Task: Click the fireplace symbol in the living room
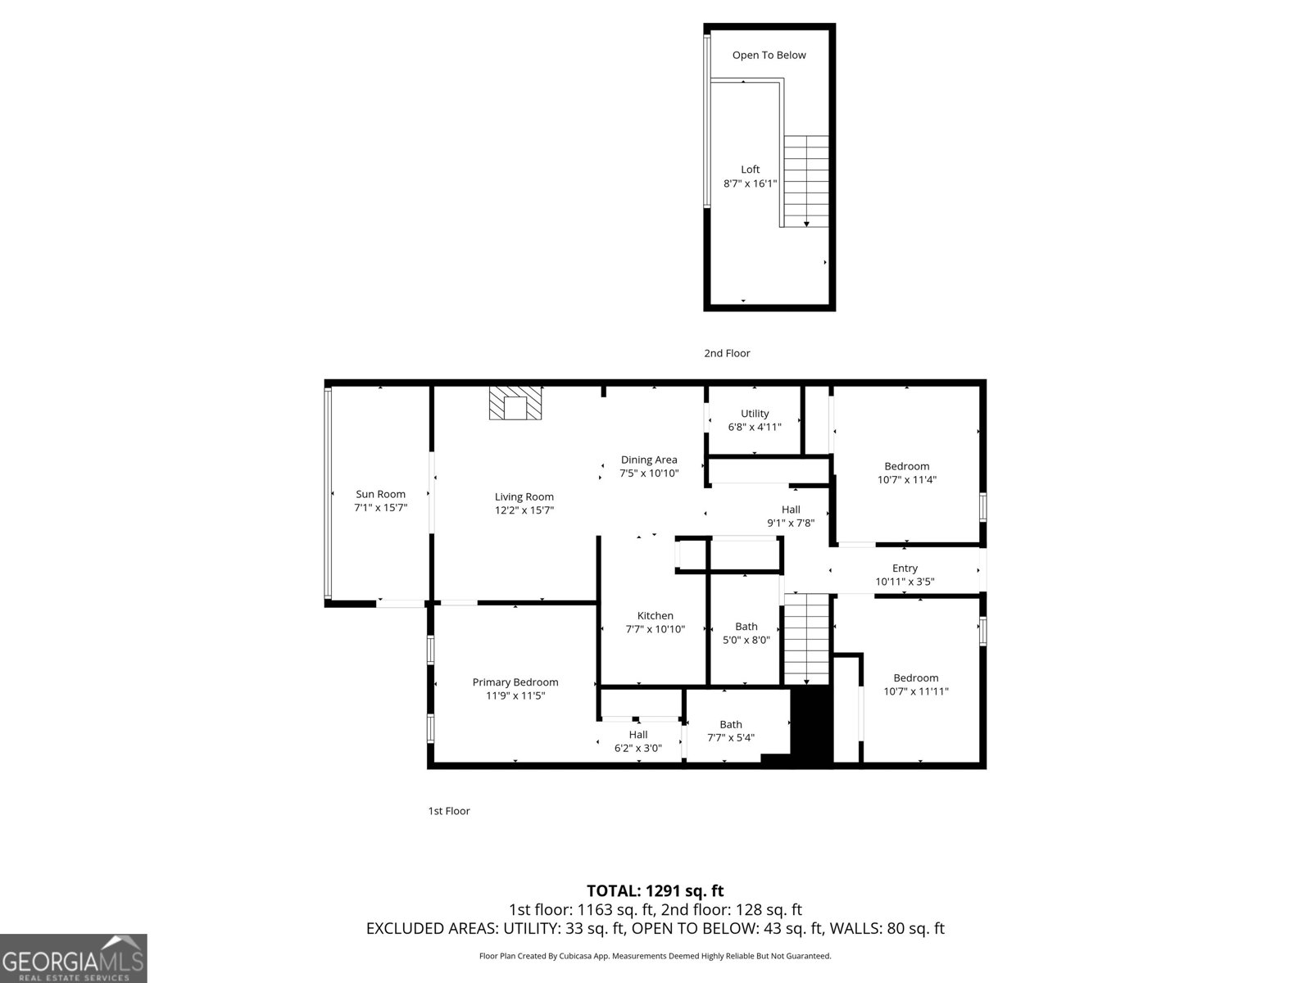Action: [x=515, y=404]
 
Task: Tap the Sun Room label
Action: [x=380, y=494]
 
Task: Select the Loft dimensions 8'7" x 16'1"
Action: [x=750, y=184]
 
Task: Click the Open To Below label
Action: [x=769, y=55]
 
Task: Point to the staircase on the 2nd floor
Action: [x=806, y=181]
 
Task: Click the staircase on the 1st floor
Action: [x=807, y=639]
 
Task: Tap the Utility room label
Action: [x=755, y=414]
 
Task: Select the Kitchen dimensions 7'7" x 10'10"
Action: [x=655, y=629]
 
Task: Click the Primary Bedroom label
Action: [x=515, y=682]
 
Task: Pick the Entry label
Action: [x=905, y=569]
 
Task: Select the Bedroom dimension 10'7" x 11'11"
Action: [x=916, y=691]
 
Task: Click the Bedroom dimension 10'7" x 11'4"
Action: [x=906, y=480]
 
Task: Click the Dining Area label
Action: [x=649, y=460]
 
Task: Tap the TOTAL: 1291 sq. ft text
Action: [x=655, y=890]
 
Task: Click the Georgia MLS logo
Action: [x=73, y=958]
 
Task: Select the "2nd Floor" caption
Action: [x=727, y=353]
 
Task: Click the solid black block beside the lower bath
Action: [x=811, y=725]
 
